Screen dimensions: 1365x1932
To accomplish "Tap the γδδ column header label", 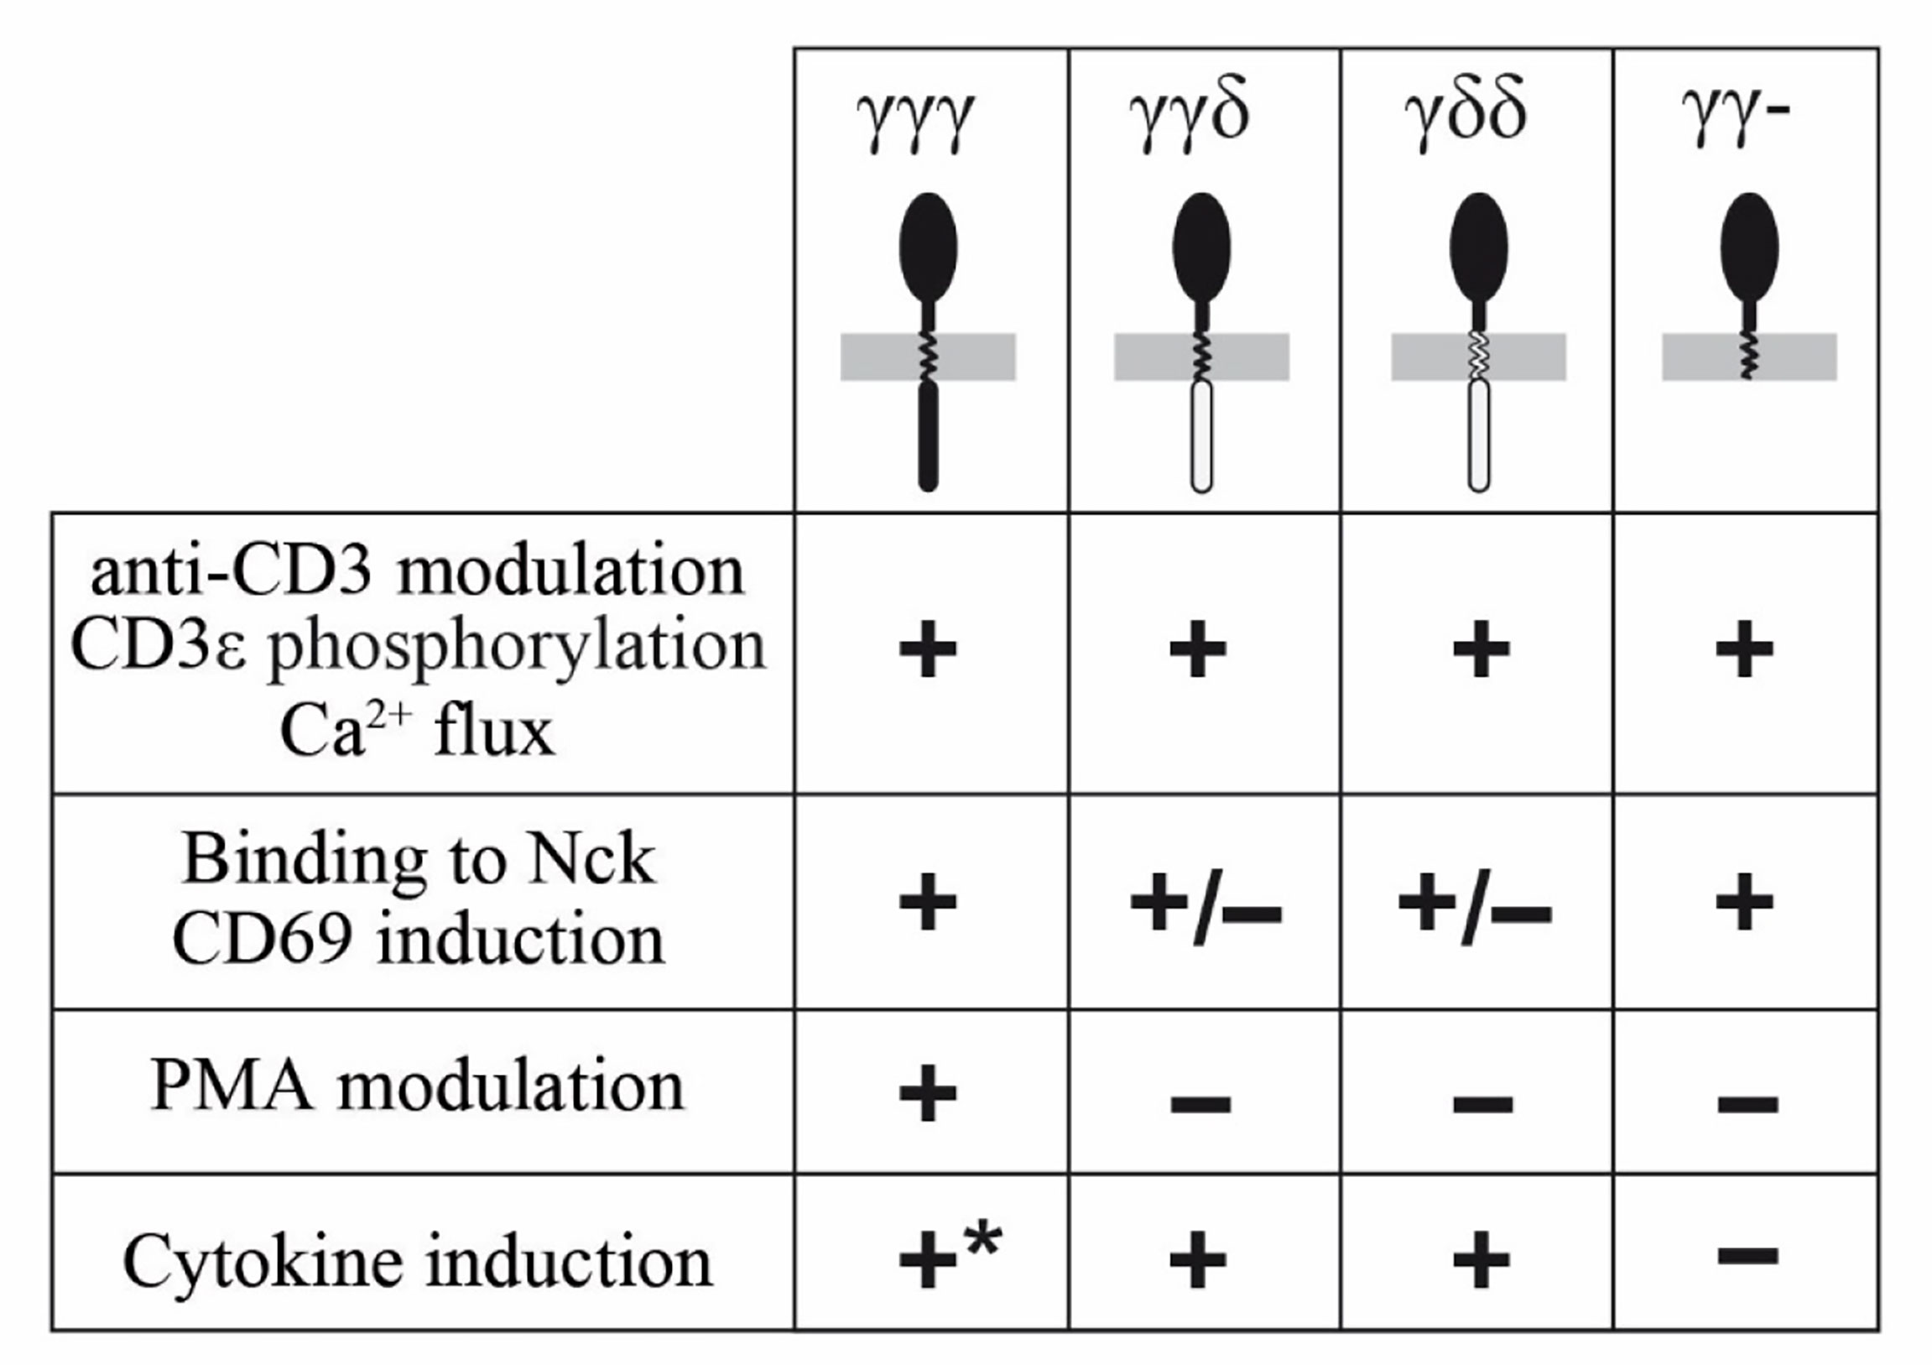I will click(1465, 117).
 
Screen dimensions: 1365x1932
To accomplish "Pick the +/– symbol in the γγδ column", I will click(1205, 911).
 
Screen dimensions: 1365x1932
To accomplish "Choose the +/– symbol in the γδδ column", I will click(1474, 911).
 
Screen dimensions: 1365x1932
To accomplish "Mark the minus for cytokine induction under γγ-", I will click(1747, 1257).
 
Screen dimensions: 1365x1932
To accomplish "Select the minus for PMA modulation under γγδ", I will click(1200, 1103).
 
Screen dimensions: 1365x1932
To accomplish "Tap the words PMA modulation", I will click(418, 1086).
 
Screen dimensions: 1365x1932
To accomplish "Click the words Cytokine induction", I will click(418, 1262).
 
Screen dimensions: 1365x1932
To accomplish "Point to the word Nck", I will click(591, 860).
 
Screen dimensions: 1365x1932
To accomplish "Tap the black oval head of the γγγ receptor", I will click(928, 247).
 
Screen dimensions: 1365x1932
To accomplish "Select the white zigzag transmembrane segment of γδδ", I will click(1478, 356).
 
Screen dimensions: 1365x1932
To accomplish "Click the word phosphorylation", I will click(517, 648).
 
